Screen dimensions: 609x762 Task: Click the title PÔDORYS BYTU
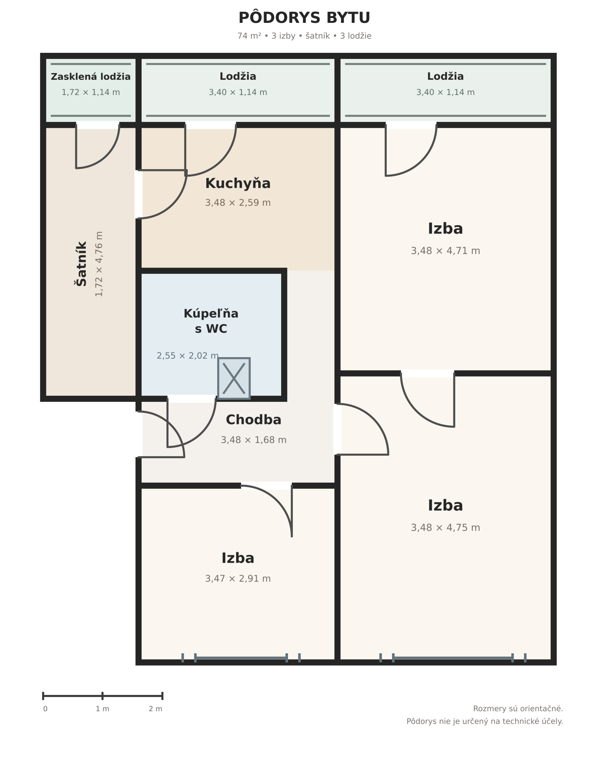pyautogui.click(x=304, y=18)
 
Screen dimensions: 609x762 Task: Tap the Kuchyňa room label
pyautogui.click(x=238, y=183)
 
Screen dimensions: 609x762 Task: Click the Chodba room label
pyautogui.click(x=254, y=420)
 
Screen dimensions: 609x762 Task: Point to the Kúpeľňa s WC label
pyautogui.click(x=211, y=321)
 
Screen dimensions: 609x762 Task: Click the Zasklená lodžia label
pyautogui.click(x=91, y=77)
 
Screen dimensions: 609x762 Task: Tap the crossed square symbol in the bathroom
pyautogui.click(x=234, y=379)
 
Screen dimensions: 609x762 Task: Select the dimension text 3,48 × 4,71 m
pyautogui.click(x=445, y=251)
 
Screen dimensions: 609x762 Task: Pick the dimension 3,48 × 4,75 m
pyautogui.click(x=445, y=528)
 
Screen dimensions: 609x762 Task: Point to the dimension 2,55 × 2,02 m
pyautogui.click(x=188, y=356)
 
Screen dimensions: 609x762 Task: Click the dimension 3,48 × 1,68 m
pyautogui.click(x=254, y=440)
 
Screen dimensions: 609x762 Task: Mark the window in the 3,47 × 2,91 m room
pyautogui.click(x=241, y=658)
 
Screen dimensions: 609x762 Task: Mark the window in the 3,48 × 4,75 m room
pyautogui.click(x=453, y=658)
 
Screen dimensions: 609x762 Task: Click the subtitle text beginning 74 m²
pyautogui.click(x=304, y=36)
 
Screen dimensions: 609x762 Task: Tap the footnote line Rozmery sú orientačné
pyautogui.click(x=518, y=708)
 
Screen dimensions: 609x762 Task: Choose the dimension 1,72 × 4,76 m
pyautogui.click(x=99, y=264)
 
